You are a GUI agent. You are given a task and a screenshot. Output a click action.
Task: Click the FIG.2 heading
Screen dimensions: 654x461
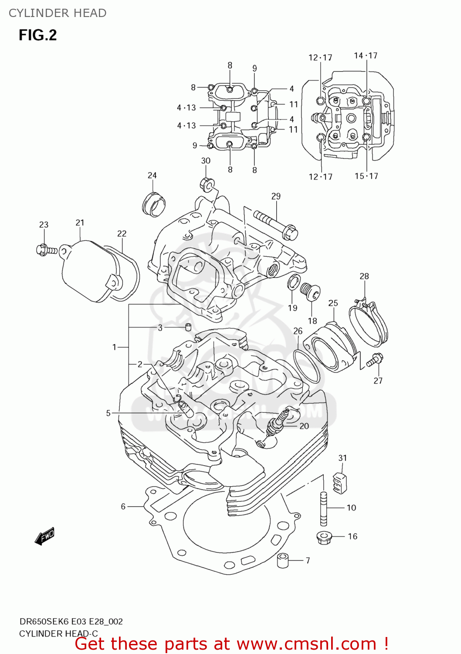[37, 35]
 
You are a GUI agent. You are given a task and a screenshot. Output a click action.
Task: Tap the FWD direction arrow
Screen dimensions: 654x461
[45, 536]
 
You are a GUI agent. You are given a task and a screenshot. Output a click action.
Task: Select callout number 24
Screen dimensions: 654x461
[152, 175]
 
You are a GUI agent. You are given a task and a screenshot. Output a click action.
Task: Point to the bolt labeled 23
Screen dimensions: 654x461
[46, 250]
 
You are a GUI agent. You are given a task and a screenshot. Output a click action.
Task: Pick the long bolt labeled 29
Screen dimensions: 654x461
[275, 223]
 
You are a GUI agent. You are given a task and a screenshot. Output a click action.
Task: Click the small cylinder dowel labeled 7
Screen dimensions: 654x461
[283, 560]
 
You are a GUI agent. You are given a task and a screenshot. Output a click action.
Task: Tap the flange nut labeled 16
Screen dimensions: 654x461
[324, 537]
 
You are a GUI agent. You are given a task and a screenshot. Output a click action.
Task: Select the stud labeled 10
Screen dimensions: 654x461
[324, 508]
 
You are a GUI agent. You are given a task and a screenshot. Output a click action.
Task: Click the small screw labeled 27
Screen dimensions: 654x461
[374, 360]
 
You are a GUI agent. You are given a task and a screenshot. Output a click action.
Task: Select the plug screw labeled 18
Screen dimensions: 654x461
[310, 291]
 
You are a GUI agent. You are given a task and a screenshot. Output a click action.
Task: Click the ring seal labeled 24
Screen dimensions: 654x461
[154, 203]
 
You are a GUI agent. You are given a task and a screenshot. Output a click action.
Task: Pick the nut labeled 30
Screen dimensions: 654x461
[207, 184]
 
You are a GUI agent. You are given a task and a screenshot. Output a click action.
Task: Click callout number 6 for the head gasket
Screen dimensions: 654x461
[123, 506]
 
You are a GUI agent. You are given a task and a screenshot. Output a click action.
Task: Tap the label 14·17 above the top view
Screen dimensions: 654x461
[366, 55]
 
